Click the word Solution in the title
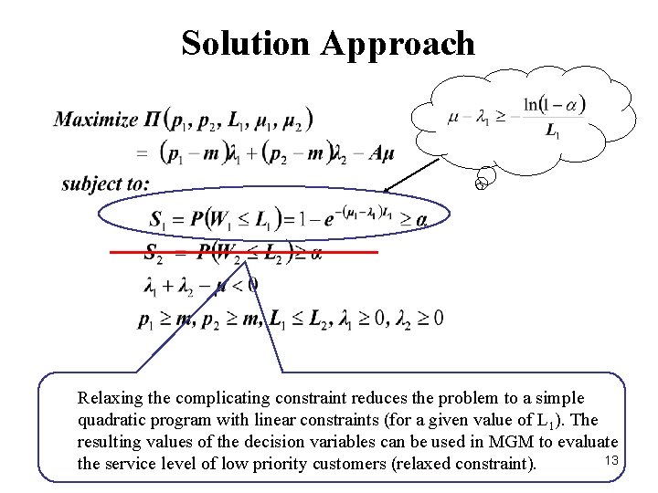pos(246,43)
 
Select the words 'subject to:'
pos(105,184)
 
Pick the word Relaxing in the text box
pos(109,398)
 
